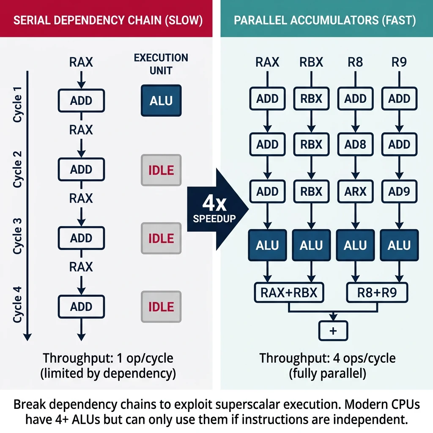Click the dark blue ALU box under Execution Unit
click(161, 101)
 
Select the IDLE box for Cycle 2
click(161, 170)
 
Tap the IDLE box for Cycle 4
click(161, 307)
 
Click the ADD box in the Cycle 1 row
click(81, 101)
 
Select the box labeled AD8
click(355, 145)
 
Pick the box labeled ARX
click(355, 192)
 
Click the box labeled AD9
click(399, 192)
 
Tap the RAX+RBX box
click(289, 293)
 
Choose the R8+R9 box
click(377, 293)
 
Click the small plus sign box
click(333, 331)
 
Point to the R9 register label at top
click(399, 63)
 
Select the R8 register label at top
click(355, 63)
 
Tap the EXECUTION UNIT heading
click(161, 63)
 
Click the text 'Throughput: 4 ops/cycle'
click(327, 359)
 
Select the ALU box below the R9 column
click(399, 245)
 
